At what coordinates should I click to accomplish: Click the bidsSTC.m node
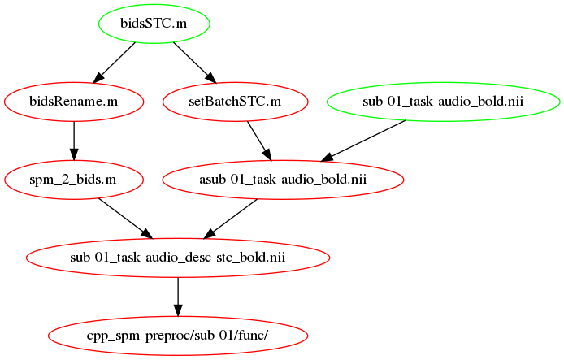[x=154, y=24]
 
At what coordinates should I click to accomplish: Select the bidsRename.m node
[x=74, y=102]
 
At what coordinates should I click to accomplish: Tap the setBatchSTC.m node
[x=235, y=102]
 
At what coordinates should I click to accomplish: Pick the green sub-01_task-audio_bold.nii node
[x=443, y=102]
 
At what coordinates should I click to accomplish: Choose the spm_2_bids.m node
[x=74, y=180]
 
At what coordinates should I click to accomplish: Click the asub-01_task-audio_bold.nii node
[x=283, y=180]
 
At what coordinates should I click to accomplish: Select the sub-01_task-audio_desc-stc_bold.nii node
[x=178, y=258]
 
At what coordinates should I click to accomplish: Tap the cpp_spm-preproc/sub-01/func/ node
[x=178, y=336]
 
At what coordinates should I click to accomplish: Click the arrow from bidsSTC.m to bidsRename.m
[x=114, y=63]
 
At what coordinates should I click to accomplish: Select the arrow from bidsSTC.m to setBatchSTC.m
[x=195, y=63]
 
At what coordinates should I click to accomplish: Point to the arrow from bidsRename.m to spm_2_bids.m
[x=74, y=141]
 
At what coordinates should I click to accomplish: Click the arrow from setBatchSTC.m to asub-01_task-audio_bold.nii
[x=259, y=141]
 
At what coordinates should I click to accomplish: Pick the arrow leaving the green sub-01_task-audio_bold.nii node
[x=363, y=141]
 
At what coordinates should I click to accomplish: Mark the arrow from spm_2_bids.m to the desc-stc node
[x=125, y=219]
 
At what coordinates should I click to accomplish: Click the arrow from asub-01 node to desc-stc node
[x=231, y=219]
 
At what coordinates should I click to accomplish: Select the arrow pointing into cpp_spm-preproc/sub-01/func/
[x=178, y=297]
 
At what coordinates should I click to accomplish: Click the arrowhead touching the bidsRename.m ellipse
[x=98, y=78]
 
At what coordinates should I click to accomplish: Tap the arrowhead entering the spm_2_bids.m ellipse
[x=74, y=154]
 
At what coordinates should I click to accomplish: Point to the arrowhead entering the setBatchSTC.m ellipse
[x=211, y=78]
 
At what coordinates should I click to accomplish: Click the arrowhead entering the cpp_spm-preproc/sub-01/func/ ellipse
[x=178, y=310]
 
